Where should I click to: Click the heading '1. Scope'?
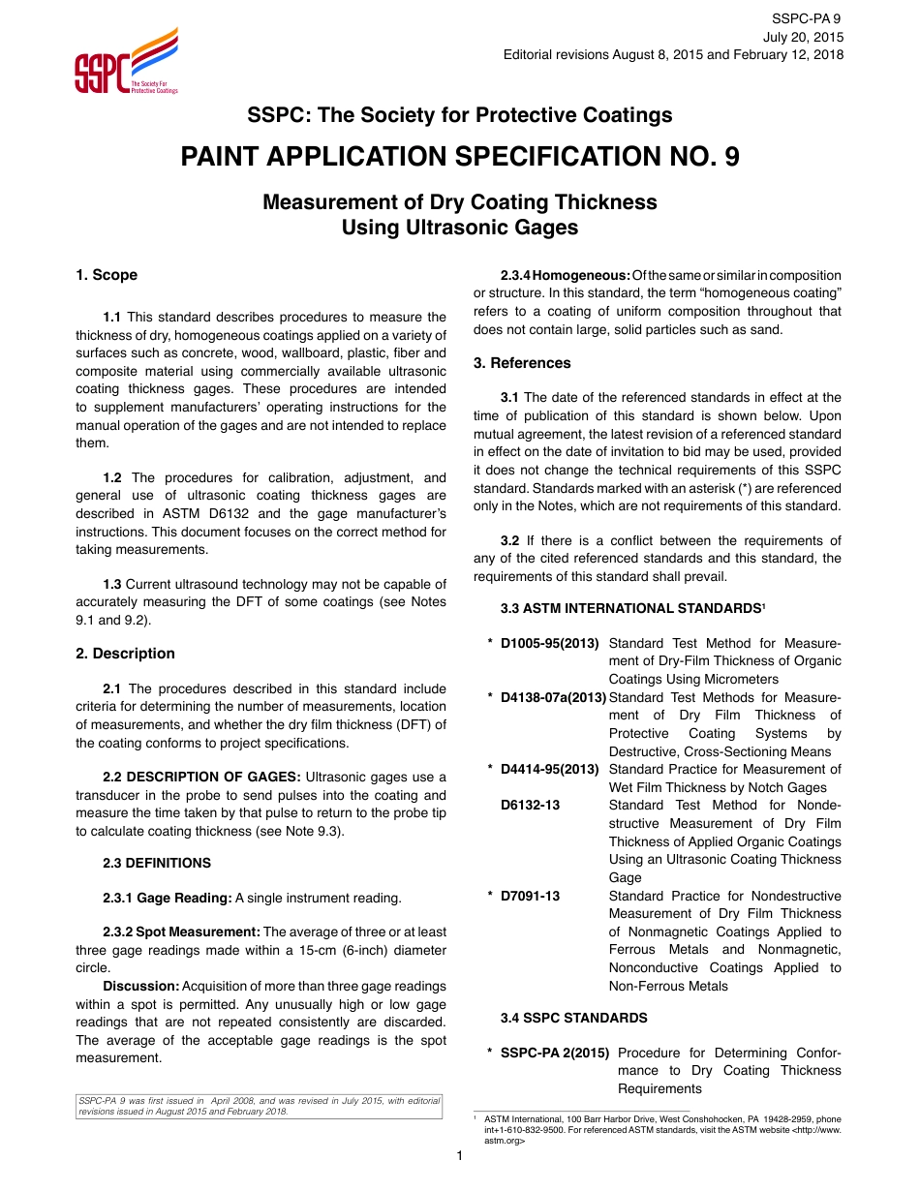pos(107,275)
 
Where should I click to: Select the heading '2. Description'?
pos(125,654)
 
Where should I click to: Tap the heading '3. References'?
pos(522,363)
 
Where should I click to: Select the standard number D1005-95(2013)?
pos(549,643)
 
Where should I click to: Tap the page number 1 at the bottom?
pos(460,1156)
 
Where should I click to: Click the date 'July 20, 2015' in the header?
pos(803,37)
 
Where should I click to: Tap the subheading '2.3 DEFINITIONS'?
pos(156,863)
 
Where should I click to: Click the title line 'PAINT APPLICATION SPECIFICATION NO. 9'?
pos(460,157)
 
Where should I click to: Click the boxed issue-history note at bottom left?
pos(259,1106)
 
